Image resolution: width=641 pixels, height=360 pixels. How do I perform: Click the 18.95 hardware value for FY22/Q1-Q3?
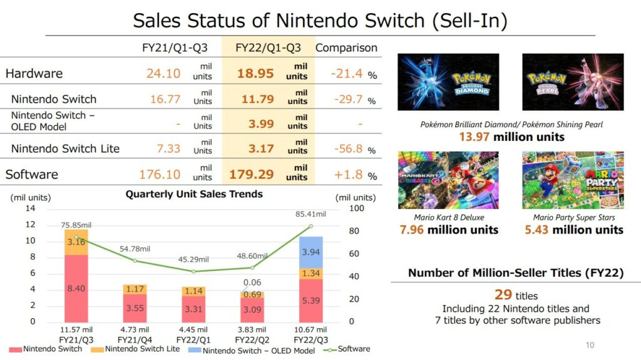tap(255, 73)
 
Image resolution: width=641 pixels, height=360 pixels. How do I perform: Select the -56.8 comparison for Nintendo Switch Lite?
tap(346, 148)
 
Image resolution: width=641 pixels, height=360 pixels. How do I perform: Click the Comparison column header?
tap(346, 48)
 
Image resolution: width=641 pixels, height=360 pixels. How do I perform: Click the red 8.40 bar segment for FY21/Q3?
tap(76, 288)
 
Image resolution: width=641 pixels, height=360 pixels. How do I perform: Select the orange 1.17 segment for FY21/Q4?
tap(135, 289)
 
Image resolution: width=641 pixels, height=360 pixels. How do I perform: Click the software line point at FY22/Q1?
tap(193, 271)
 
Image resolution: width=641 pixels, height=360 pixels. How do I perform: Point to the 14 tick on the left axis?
tap(30, 208)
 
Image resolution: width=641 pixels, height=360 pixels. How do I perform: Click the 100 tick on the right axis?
tap(356, 208)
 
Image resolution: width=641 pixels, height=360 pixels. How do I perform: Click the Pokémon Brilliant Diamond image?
tap(448, 81)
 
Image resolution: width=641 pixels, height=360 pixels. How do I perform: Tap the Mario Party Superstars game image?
tap(573, 180)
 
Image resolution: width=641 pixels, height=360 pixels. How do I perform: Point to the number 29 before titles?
tap(486, 294)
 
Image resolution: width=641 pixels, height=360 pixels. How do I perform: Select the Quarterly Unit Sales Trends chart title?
tap(194, 194)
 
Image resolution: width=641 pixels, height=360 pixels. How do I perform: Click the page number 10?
tap(589, 345)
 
